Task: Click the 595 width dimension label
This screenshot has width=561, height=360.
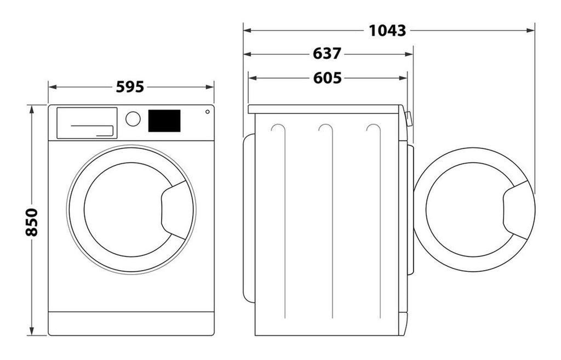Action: pyautogui.click(x=130, y=87)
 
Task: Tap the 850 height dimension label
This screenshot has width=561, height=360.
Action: pyautogui.click(x=32, y=222)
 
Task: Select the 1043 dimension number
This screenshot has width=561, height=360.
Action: pyautogui.click(x=387, y=31)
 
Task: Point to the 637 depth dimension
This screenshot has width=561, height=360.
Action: pyautogui.click(x=327, y=54)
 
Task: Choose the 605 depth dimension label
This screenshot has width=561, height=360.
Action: pyautogui.click(x=328, y=78)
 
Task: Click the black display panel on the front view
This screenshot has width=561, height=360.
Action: pyautogui.click(x=164, y=121)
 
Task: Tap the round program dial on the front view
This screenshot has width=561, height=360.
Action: pyautogui.click(x=133, y=119)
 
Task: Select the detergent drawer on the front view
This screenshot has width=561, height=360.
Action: pyautogui.click(x=87, y=123)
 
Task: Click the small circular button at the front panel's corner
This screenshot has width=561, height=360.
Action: pyautogui.click(x=208, y=112)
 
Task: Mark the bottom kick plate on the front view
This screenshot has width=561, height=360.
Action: pyautogui.click(x=131, y=323)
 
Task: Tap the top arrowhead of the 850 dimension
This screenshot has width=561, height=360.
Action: pyautogui.click(x=32, y=109)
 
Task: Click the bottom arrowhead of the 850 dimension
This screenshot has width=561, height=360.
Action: pyautogui.click(x=32, y=332)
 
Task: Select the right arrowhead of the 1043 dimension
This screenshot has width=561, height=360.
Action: pyautogui.click(x=531, y=31)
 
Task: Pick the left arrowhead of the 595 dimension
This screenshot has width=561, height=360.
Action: pyautogui.click(x=53, y=87)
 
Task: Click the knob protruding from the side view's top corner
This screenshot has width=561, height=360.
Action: pyautogui.click(x=409, y=119)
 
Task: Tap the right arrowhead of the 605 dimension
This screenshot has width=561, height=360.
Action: pyautogui.click(x=403, y=78)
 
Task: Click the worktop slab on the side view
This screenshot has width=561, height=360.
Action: pyautogui.click(x=324, y=109)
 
